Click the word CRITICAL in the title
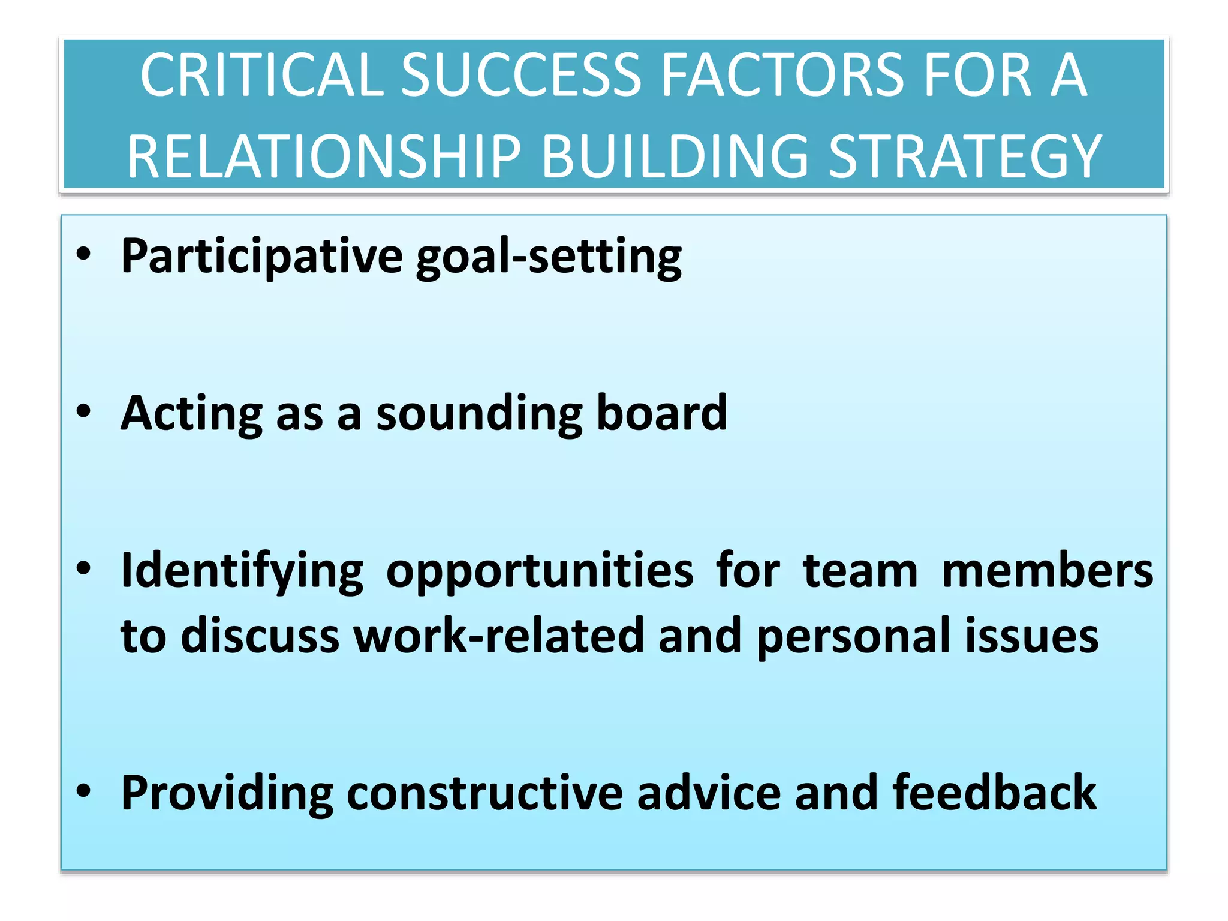(x=261, y=76)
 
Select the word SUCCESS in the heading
(x=521, y=76)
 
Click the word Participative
(x=261, y=257)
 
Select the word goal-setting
(x=549, y=257)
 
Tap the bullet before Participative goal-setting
(x=83, y=254)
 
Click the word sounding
(x=479, y=414)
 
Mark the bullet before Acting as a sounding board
(x=83, y=411)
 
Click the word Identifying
(x=242, y=571)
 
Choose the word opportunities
(x=540, y=571)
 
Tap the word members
(x=1047, y=570)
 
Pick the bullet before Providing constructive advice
(x=83, y=791)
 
